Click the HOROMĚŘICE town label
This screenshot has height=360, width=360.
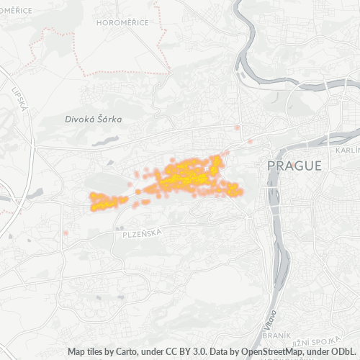pyautogui.click(x=122, y=22)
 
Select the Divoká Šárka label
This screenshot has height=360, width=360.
pyautogui.click(x=93, y=119)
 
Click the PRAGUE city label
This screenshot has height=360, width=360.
pyautogui.click(x=294, y=166)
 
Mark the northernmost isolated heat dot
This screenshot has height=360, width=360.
pyautogui.click(x=238, y=128)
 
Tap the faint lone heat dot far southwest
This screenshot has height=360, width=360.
pyautogui.click(x=66, y=233)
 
